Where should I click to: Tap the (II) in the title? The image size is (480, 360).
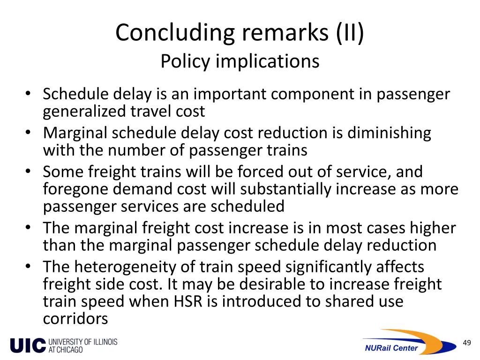pos(349,33)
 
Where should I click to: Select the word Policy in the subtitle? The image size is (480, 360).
pos(185,61)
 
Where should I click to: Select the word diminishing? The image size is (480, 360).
pos(389,133)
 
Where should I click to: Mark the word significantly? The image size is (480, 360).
pos(321,267)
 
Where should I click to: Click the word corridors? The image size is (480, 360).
pos(75,319)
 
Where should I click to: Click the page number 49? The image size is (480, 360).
pos(466,343)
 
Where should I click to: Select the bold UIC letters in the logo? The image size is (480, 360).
pos(28,346)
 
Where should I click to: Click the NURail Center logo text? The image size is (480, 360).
pos(391,348)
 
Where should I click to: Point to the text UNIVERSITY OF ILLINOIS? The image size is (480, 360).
pos(83,342)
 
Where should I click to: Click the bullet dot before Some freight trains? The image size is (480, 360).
pos(29,172)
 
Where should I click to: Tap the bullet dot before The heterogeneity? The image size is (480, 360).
pos(29,267)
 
